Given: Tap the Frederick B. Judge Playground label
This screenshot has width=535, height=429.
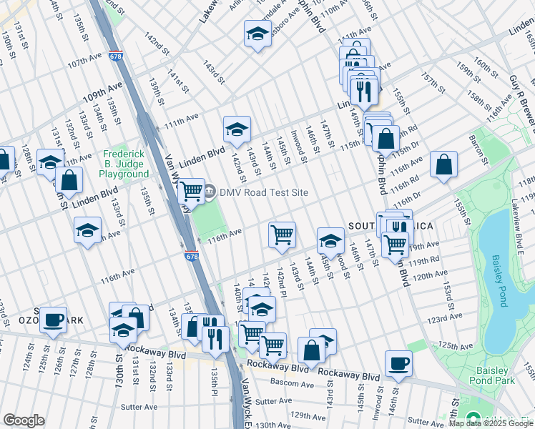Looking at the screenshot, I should coord(124,164).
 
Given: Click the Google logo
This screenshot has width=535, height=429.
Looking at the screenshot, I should coord(24,420).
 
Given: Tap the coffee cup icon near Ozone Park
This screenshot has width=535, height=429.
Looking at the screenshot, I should coord(53,320).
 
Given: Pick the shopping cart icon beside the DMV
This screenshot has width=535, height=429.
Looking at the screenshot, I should coord(191,191).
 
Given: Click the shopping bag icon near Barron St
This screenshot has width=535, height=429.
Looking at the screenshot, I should coord(444,164).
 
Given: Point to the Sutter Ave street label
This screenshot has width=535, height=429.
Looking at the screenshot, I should coord(140,407).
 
